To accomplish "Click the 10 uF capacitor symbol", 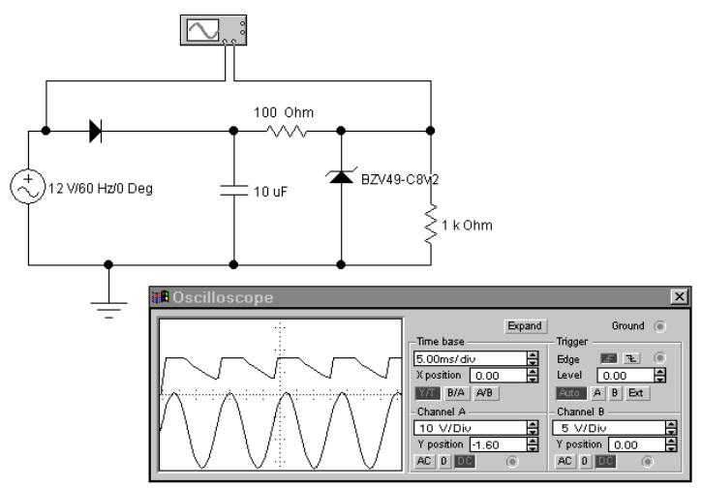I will (235, 190).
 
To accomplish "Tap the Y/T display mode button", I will (427, 393).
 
